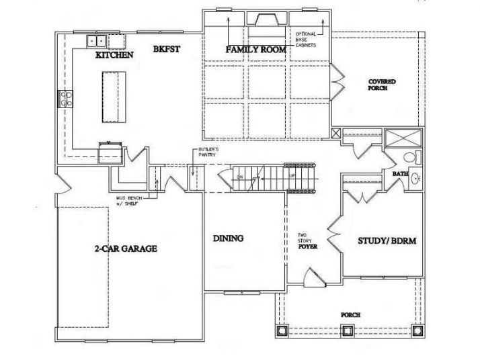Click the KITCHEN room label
pyautogui.click(x=114, y=55)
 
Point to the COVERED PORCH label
pyautogui.click(x=381, y=85)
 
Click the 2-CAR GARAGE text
pyautogui.click(x=126, y=249)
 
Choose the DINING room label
pyautogui.click(x=228, y=238)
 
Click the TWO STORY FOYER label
pyautogui.click(x=308, y=241)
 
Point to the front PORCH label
pyautogui.click(x=350, y=314)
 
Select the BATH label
pyautogui.click(x=401, y=174)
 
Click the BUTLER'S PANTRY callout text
pyautogui.click(x=206, y=152)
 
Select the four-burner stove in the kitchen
pyautogui.click(x=67, y=99)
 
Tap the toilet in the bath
pyautogui.click(x=411, y=157)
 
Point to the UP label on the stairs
pyautogui.click(x=292, y=175)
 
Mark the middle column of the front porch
pyautogui.click(x=347, y=330)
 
